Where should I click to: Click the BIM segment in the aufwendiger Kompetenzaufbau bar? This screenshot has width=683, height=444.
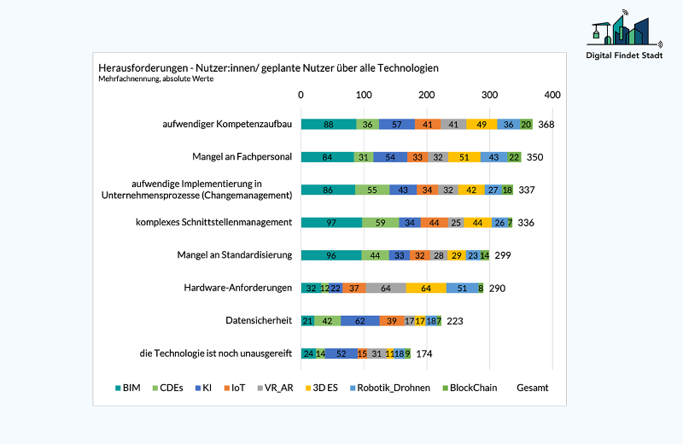tap(328, 125)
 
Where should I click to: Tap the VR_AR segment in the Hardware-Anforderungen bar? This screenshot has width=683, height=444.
tap(386, 289)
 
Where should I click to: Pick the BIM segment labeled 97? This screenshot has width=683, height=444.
tap(331, 223)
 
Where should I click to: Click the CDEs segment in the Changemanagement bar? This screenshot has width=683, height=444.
tap(371, 190)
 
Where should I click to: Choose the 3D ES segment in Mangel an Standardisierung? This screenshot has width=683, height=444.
tap(456, 255)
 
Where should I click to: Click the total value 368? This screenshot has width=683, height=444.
tap(546, 125)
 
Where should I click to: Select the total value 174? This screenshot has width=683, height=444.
tap(424, 353)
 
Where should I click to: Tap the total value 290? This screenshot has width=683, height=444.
tap(497, 289)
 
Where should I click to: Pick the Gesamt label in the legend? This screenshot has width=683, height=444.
tap(533, 388)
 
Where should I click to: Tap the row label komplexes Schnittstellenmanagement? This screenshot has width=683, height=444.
tap(213, 223)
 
